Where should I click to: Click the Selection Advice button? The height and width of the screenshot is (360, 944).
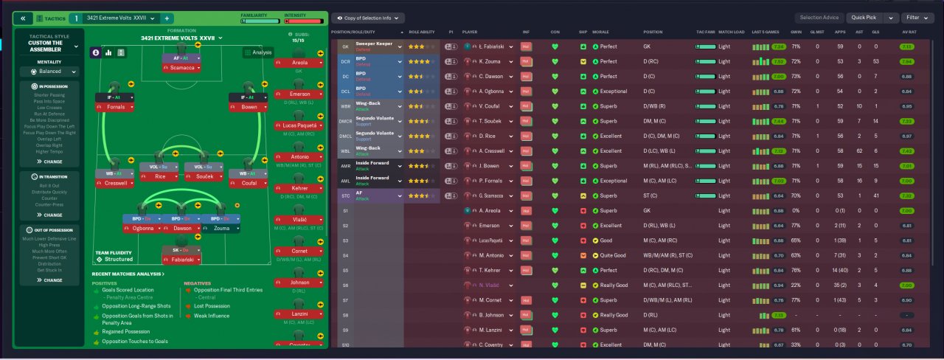819,18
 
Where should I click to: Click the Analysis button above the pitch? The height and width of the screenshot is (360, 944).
258,52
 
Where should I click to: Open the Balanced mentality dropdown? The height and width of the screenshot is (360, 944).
49,72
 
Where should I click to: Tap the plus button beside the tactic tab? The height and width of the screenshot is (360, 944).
167,18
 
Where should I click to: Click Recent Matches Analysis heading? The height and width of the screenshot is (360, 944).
128,274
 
